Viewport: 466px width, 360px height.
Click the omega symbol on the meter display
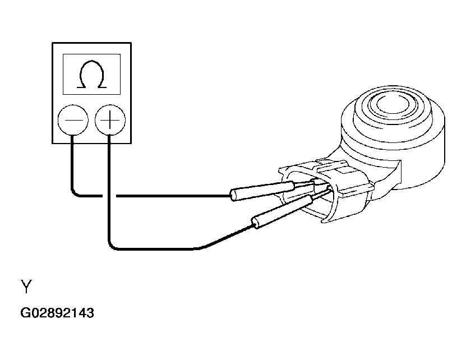[x=91, y=75]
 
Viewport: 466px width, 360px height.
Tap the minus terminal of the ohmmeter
[x=73, y=120]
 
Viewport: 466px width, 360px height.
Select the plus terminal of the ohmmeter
[x=110, y=120]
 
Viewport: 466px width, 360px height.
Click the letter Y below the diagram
[x=26, y=287]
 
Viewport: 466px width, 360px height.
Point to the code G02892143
[x=57, y=313]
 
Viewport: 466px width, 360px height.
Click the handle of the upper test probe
[x=262, y=191]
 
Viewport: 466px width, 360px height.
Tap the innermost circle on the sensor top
[x=393, y=103]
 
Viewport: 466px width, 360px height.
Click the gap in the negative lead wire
[x=109, y=196]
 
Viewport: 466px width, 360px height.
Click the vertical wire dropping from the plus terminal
[x=109, y=187]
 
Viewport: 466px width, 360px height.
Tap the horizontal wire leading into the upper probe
[x=173, y=196]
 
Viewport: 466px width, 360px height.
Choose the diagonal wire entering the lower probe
[x=226, y=237]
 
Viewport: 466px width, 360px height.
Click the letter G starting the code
[x=25, y=313]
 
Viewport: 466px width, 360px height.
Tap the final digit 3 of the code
[x=90, y=313]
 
